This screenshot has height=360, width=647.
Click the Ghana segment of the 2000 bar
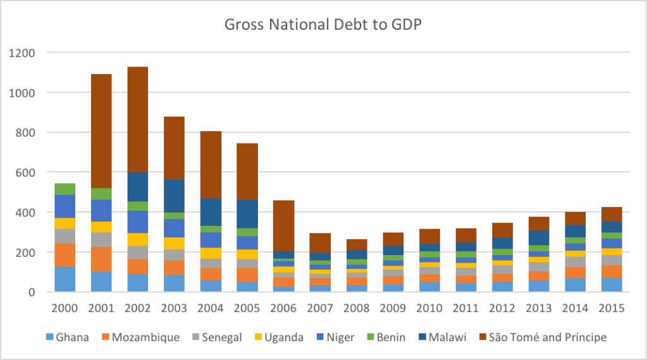coord(65,279)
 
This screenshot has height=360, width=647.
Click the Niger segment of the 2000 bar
coord(65,206)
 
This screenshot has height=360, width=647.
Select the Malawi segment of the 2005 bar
coord(247,214)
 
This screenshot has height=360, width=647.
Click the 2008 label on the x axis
coord(356,308)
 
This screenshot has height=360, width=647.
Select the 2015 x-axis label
coord(612,308)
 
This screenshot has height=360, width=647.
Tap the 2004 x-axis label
coord(210,308)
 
